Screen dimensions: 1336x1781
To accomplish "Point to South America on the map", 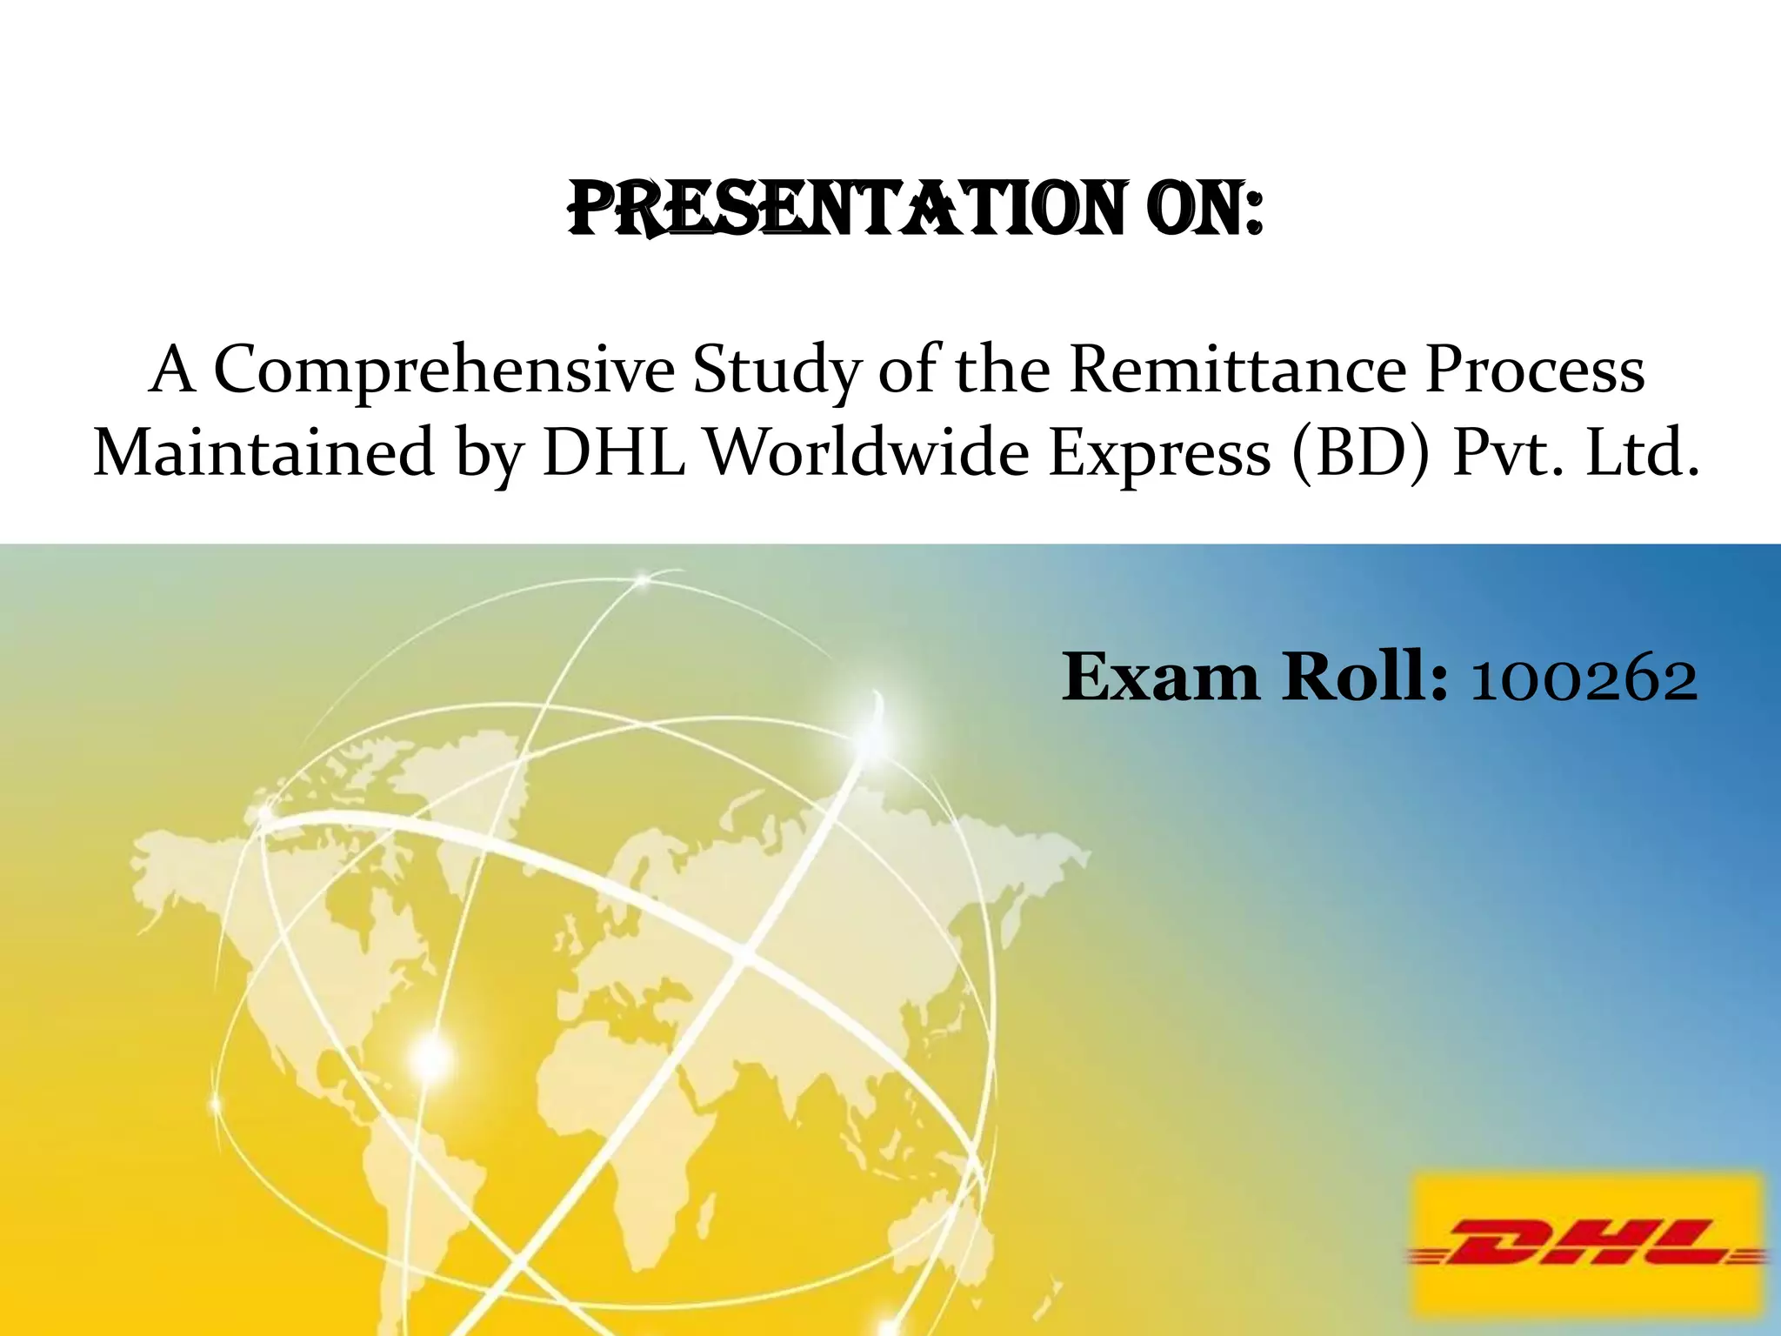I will click(x=417, y=1192).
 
